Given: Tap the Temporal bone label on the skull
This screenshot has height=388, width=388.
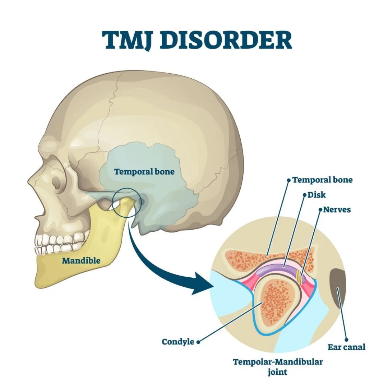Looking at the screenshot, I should pyautogui.click(x=144, y=172).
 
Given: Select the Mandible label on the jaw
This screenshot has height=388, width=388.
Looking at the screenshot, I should pyautogui.click(x=81, y=261).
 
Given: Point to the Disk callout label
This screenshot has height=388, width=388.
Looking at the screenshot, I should pyautogui.click(x=317, y=195).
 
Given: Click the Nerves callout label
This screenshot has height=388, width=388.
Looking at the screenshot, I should pyautogui.click(x=337, y=209).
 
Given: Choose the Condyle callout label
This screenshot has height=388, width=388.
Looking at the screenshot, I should pyautogui.click(x=178, y=342).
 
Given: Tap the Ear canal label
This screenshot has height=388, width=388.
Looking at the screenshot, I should pyautogui.click(x=346, y=347).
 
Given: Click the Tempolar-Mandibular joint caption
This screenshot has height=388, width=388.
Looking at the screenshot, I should pyautogui.click(x=278, y=366).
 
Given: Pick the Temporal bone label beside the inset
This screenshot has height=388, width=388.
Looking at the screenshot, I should pyautogui.click(x=322, y=180).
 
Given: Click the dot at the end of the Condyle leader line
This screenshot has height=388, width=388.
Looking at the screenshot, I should pyautogui.click(x=198, y=342).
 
